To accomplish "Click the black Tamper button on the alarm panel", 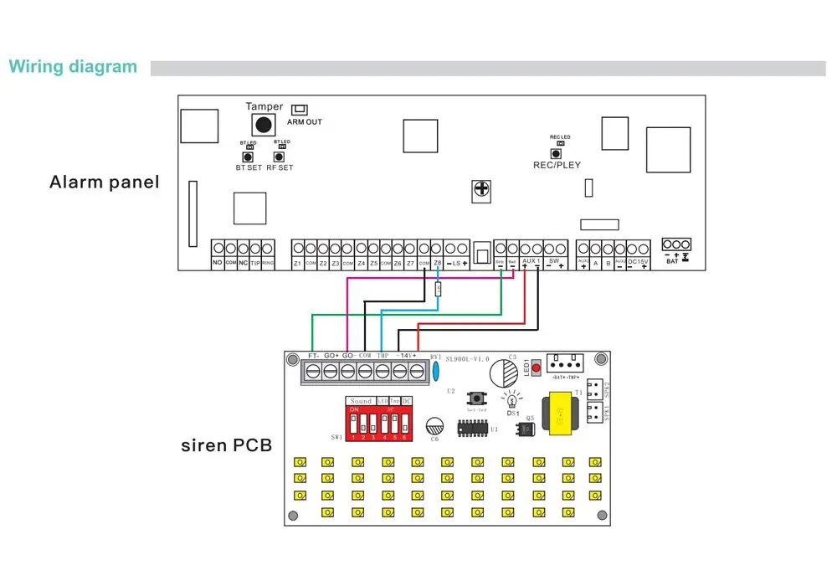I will point(264,125).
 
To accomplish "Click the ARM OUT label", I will point(304,122).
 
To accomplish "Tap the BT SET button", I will point(247,157).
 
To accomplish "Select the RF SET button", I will point(280,155).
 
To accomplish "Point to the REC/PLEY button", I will point(555,153).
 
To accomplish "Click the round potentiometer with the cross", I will point(481,191).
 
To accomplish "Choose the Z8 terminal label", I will point(437,264).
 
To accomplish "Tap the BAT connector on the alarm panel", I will point(675,244).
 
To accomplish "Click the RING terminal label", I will point(268,264).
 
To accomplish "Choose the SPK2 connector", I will point(596,389).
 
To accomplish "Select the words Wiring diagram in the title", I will point(73,67).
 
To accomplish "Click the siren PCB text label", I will point(226,445).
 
